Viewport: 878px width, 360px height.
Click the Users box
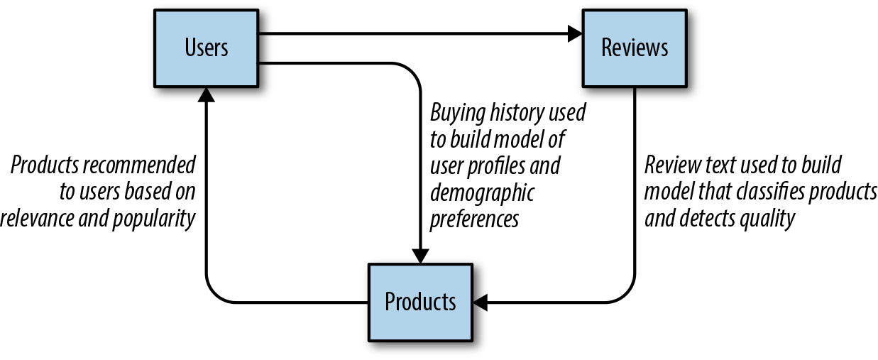click(207, 48)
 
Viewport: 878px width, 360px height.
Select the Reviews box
click(635, 48)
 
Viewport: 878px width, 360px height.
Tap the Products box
click(420, 302)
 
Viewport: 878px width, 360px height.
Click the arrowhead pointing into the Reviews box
click(574, 32)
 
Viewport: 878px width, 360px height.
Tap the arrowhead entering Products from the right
click(481, 302)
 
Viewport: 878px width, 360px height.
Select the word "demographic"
click(482, 192)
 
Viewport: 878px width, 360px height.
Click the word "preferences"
click(475, 219)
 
